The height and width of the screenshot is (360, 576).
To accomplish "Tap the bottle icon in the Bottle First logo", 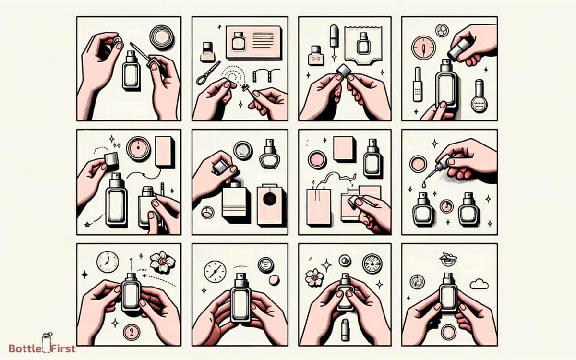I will [47, 342].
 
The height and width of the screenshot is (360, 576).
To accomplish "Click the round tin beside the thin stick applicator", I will [162, 36].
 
